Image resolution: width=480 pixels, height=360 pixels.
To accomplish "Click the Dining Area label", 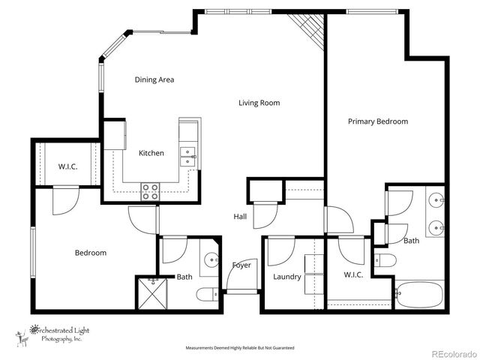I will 154,79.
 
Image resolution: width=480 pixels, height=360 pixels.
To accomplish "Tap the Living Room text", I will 259,103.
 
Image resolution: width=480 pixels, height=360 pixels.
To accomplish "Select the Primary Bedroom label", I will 378,121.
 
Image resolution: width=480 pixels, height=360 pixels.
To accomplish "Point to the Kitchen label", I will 151,153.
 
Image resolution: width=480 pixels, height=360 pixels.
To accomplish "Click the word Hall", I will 240,216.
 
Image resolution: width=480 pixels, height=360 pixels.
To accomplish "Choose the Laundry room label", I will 287,277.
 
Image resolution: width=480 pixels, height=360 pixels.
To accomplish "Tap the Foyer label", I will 241,265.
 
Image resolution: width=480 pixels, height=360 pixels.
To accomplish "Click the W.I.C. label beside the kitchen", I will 68,166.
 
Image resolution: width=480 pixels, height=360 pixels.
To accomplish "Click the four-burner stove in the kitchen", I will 150,190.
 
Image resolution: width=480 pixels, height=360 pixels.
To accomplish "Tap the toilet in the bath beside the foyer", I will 207,295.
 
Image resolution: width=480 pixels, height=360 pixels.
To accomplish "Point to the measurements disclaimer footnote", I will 240,348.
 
